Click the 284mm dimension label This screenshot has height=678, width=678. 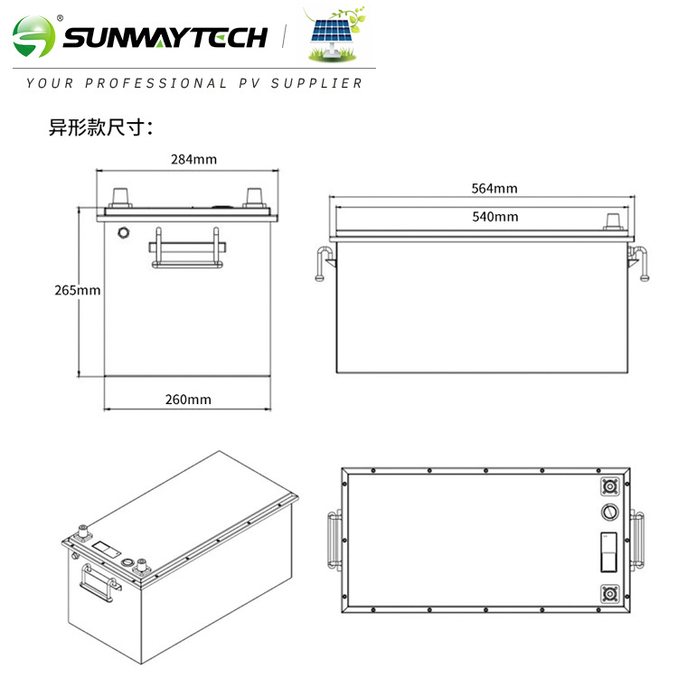click(193, 159)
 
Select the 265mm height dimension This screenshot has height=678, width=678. click(77, 290)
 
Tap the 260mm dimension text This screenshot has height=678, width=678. click(189, 399)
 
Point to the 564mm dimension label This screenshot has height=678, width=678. click(494, 188)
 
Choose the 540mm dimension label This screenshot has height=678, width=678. click(495, 216)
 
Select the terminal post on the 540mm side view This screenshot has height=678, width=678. click(613, 221)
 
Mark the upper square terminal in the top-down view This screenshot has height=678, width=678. click(609, 486)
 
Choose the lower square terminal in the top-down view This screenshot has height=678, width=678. click(609, 595)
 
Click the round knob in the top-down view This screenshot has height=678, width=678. click(609, 513)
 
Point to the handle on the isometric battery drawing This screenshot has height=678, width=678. click(99, 581)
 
